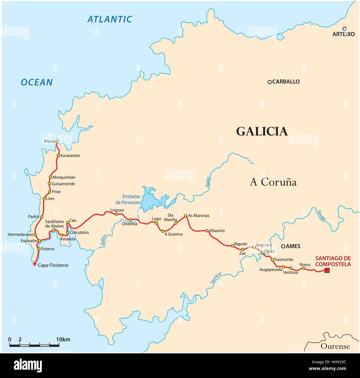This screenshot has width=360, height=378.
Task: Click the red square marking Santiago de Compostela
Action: click(327, 270)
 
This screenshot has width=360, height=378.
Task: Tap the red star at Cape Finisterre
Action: click(34, 264)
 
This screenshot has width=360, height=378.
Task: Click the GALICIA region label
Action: click(262, 131)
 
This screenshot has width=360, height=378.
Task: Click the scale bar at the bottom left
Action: click(34, 345)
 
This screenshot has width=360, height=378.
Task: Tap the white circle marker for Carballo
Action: click(269, 82)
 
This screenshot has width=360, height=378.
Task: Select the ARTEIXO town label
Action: click(343, 34)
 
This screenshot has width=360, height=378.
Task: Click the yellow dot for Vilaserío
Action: click(207, 231)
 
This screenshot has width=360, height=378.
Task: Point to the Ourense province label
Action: click(335, 346)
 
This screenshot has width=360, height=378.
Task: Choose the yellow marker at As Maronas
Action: click(186, 216)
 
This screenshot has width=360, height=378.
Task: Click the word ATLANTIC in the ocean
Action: click(110, 19)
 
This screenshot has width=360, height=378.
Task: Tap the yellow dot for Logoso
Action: click(117, 214)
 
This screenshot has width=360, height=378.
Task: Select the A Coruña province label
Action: click(273, 182)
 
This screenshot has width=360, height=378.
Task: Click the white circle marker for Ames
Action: click(283, 246)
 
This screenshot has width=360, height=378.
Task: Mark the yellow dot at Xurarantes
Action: click(58, 155)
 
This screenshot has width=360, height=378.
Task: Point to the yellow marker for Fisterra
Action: click(38, 249)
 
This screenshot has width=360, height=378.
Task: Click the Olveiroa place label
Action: click(130, 224)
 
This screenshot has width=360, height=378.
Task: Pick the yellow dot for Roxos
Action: click(304, 268)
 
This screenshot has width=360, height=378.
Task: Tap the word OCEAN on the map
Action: click(37, 82)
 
